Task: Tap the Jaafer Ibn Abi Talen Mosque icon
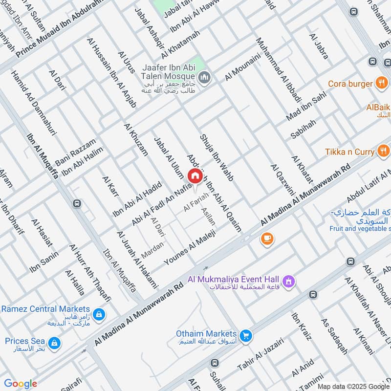pos(204,77)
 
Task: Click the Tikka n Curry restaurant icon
pos(383,152)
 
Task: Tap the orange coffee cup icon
pos(267,239)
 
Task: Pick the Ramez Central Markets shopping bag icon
pos(99,315)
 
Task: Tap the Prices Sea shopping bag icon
pos(55,342)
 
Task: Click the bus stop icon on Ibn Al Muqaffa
pos(77,203)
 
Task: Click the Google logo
pos(20,384)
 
